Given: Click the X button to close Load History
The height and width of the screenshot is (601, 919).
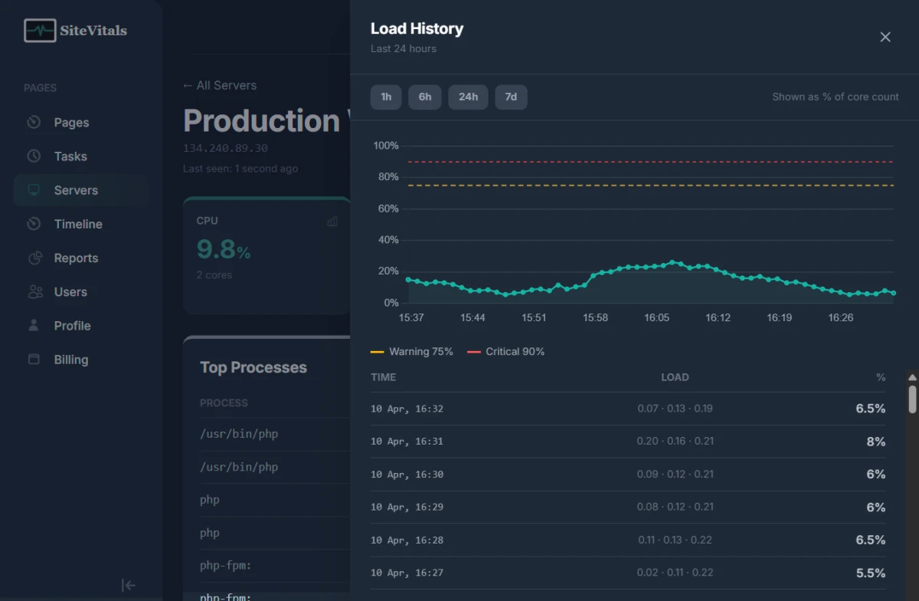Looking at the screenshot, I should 885,37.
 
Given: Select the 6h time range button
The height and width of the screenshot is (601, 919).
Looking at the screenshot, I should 425,97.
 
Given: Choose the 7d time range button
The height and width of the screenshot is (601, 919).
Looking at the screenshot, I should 511,97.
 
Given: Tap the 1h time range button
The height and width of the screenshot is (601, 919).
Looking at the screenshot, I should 386,97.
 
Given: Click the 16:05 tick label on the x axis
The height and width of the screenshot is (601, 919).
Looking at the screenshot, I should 656,317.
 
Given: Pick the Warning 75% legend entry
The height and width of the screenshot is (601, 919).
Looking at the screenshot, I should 412,352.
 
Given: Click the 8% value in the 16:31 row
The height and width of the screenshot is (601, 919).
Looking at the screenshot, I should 875,442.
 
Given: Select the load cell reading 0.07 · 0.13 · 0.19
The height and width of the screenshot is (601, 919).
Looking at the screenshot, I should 675,409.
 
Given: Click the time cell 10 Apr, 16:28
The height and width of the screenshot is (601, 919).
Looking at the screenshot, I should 407,540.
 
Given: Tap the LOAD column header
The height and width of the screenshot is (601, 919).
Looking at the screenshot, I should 675,377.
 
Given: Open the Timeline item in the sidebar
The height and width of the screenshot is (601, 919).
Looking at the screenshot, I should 77,224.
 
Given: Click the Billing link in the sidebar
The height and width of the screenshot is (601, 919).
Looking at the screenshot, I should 70,360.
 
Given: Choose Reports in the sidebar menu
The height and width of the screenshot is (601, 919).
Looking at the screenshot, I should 76,258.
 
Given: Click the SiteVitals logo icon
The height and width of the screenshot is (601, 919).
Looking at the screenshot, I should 40,31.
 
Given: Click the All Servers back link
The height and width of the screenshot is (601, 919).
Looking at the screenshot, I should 220,86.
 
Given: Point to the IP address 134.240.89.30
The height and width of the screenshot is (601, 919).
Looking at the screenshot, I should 225,148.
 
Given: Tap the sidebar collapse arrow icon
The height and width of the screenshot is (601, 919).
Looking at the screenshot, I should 129,586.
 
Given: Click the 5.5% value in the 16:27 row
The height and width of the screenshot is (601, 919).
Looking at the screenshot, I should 871,573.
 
